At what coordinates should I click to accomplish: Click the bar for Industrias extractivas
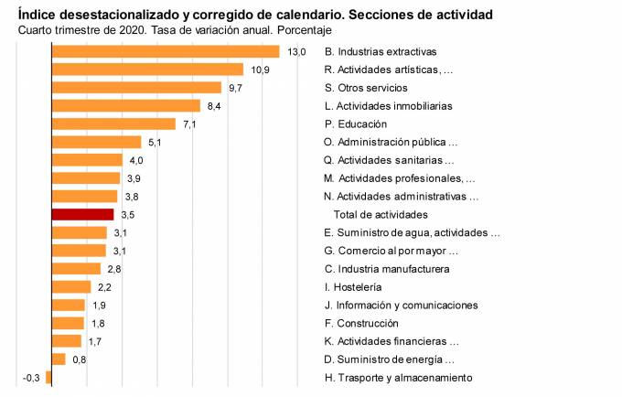[165, 51]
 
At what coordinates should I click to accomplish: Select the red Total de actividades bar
[82, 214]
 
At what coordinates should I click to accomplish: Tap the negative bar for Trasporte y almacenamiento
[48, 378]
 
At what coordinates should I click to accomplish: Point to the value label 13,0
[296, 51]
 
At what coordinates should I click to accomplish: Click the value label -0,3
[31, 378]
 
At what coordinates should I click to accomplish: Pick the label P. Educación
[356, 123]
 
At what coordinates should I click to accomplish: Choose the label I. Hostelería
[356, 287]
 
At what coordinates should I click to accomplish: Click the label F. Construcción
[361, 323]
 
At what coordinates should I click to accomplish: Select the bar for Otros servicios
[136, 87]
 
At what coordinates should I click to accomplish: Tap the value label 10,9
[260, 70]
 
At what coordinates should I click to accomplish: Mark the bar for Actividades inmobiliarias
[125, 105]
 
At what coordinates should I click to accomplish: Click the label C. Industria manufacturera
[387, 269]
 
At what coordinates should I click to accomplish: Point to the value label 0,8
[80, 359]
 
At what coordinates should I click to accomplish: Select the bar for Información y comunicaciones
[69, 305]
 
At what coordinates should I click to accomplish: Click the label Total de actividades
[381, 214]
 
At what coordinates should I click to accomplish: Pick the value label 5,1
[154, 142]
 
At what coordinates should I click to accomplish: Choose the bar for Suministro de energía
[59, 359]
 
